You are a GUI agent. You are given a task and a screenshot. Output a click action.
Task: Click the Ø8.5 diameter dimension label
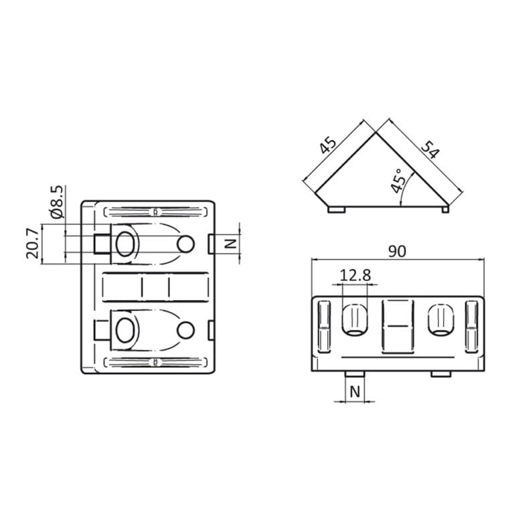pyautogui.click(x=57, y=201)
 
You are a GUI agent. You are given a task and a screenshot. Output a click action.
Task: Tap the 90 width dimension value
pyautogui.click(x=398, y=251)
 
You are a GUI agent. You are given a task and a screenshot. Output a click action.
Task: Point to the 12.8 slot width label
pyautogui.click(x=354, y=275)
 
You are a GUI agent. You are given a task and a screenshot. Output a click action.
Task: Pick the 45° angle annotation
pyautogui.click(x=399, y=181)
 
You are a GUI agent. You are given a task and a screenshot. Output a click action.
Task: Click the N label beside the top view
pyautogui.click(x=230, y=244)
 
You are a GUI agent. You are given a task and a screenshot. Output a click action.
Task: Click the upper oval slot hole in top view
pyautogui.click(x=124, y=244)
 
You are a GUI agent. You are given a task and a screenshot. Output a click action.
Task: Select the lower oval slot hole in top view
pyautogui.click(x=124, y=329)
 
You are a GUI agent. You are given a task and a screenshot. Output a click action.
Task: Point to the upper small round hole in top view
pyautogui.click(x=186, y=244)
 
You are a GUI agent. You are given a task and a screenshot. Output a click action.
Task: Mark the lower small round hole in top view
pyautogui.click(x=186, y=329)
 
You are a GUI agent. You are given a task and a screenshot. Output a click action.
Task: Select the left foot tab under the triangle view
pyautogui.click(x=337, y=210)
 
